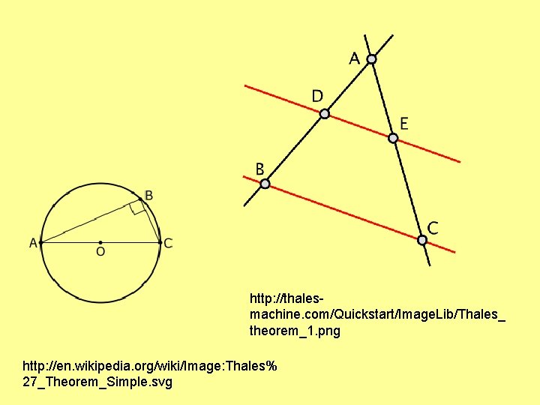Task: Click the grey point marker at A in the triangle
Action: (x=371, y=58)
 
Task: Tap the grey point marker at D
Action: (x=324, y=114)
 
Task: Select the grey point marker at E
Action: (x=392, y=138)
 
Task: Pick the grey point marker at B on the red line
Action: (x=265, y=184)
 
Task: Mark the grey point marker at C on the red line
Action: (x=422, y=240)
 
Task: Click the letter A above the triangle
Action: (x=354, y=58)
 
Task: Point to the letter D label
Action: (x=317, y=96)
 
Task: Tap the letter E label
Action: (x=404, y=123)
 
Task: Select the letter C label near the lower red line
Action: (x=433, y=226)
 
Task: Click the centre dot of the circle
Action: (x=100, y=242)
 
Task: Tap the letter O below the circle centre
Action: (x=100, y=253)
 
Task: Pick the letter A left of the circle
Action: (x=33, y=243)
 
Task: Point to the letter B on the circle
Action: (x=148, y=196)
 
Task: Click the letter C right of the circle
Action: (x=168, y=243)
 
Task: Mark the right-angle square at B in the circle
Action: (x=137, y=207)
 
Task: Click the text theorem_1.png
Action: (x=294, y=330)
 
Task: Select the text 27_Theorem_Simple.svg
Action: (x=97, y=382)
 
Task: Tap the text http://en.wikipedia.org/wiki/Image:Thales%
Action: (x=150, y=366)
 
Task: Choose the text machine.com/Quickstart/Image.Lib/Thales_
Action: (x=377, y=314)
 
